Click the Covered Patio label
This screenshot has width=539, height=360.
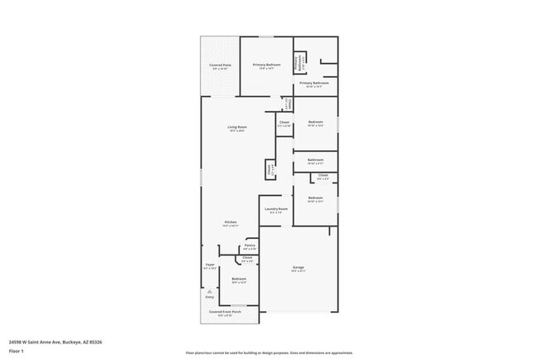220,65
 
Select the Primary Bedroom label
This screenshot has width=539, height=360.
266,65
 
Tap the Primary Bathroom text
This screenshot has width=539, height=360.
314,83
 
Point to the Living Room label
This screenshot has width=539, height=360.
237,127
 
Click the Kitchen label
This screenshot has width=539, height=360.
231,222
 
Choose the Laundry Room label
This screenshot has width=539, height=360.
276,208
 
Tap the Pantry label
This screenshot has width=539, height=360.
250,246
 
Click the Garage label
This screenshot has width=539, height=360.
298,267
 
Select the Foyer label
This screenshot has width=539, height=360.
210,265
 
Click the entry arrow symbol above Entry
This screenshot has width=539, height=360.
210,291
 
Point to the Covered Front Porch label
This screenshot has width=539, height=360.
219,314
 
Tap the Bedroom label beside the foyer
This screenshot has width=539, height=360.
239,278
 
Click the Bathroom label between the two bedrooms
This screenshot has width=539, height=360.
315,159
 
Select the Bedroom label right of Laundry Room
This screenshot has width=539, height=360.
315,197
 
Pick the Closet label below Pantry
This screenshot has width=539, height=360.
247,258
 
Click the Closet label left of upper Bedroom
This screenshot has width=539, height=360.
284,122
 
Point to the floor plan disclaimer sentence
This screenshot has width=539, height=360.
269,353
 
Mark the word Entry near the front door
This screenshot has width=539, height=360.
210,297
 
